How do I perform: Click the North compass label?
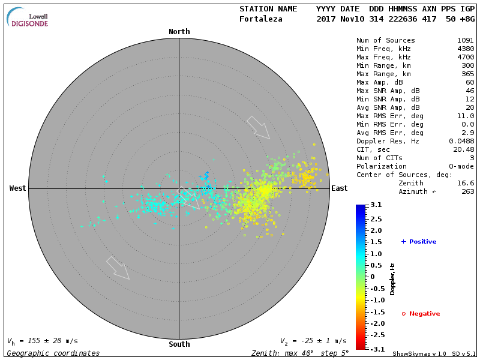[x=179, y=31]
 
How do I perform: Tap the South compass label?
[x=179, y=344]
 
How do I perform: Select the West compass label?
[x=18, y=188]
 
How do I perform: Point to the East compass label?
[x=340, y=188]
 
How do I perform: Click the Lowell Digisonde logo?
[x=28, y=17]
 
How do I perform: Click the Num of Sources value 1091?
[x=466, y=40]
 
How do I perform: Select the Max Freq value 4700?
[x=466, y=57]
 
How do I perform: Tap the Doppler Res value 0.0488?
[x=461, y=141]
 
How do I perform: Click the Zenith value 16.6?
[x=466, y=183]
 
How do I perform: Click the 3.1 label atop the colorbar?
[x=376, y=205]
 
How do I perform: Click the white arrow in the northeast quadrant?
[x=259, y=127]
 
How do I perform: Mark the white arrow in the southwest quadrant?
[x=118, y=268]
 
